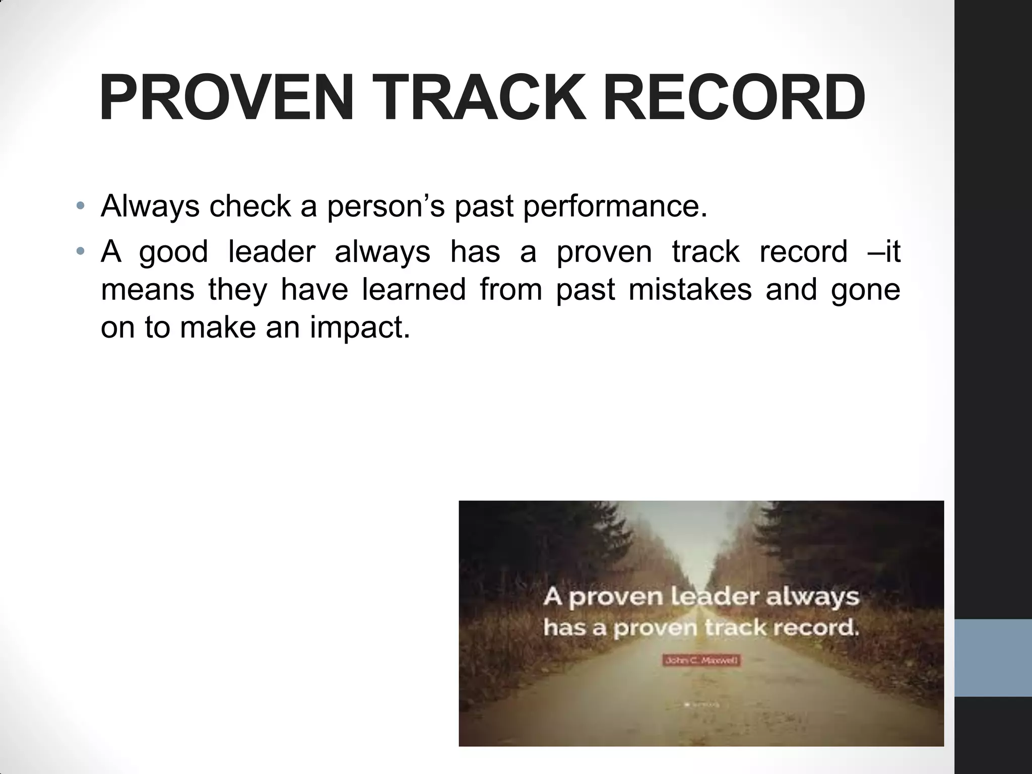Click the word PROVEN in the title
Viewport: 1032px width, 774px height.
pyautogui.click(x=226, y=98)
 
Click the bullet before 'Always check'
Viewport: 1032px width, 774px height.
pyautogui.click(x=81, y=207)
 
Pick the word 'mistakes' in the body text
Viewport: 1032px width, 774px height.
pyautogui.click(x=690, y=289)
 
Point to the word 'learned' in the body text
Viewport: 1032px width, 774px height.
pyautogui.click(x=414, y=289)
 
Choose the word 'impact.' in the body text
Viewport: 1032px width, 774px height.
pyautogui.click(x=360, y=328)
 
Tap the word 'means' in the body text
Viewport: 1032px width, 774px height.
pyautogui.click(x=147, y=290)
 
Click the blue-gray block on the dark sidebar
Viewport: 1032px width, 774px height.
pyautogui.click(x=993, y=658)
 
